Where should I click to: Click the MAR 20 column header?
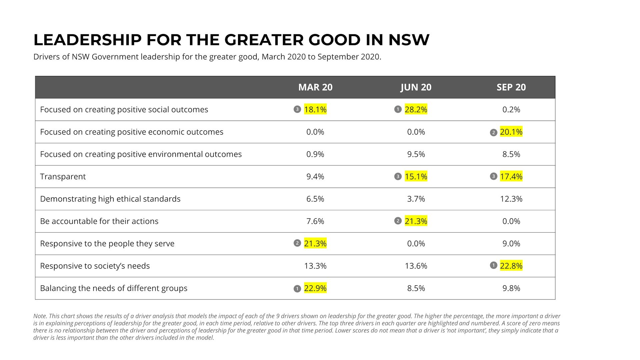(x=315, y=87)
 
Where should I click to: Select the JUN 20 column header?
(x=416, y=87)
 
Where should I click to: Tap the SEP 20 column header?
(x=511, y=87)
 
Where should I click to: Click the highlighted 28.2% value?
(x=416, y=109)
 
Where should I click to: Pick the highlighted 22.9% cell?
(x=315, y=288)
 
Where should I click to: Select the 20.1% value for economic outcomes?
(x=511, y=132)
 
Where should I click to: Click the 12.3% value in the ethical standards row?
(x=511, y=199)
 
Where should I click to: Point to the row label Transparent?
(x=63, y=176)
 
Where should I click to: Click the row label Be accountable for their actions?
(x=99, y=221)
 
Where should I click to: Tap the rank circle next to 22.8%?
(x=493, y=265)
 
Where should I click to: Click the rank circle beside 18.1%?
(x=297, y=109)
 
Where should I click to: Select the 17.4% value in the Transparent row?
(x=511, y=176)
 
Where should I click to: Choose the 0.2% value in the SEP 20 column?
(x=511, y=109)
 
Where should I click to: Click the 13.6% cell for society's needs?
(x=416, y=266)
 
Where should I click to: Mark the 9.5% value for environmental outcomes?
(x=416, y=154)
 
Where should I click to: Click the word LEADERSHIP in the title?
(x=87, y=40)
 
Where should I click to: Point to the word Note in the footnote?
(x=39, y=316)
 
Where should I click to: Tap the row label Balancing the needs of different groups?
(x=113, y=288)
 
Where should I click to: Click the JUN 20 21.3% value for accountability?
(x=416, y=221)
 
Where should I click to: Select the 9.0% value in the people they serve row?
(x=511, y=243)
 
